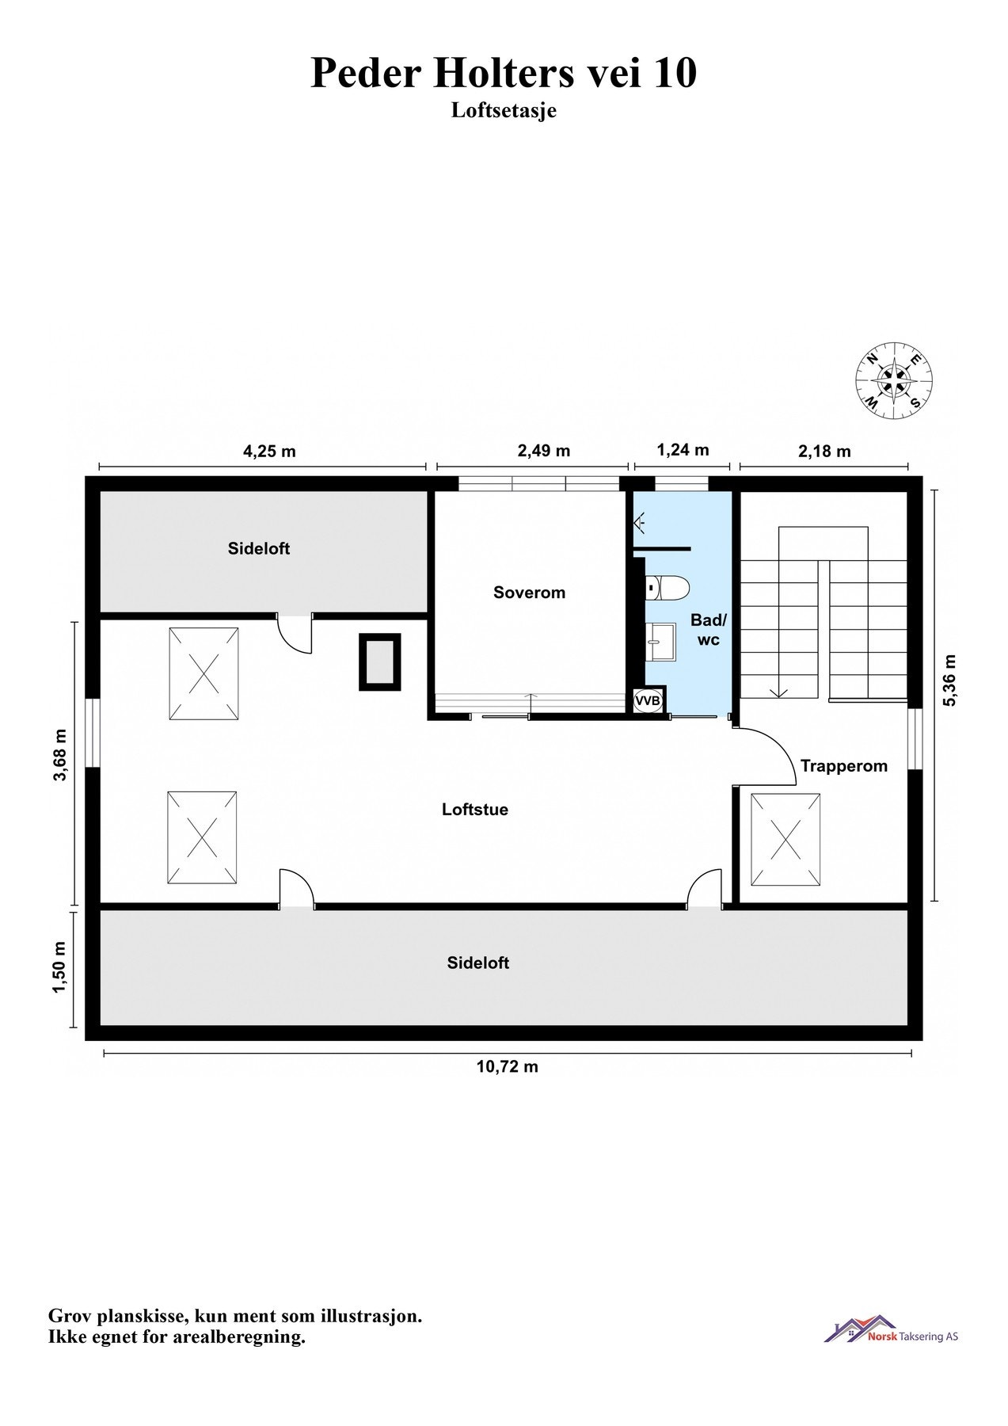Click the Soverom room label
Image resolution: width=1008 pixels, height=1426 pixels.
point(529,593)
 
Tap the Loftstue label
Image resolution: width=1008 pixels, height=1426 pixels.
point(475,810)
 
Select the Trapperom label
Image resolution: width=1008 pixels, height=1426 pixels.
point(843,766)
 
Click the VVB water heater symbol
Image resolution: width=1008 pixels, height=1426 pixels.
point(648,701)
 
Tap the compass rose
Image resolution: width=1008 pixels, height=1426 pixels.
point(893,380)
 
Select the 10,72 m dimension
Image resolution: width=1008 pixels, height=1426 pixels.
point(507,1066)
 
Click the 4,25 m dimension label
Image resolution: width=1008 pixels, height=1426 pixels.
point(269,452)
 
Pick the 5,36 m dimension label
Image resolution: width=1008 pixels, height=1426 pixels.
point(950,680)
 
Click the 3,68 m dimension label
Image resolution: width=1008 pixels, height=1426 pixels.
point(60,755)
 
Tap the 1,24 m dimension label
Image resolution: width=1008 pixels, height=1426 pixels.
point(683,450)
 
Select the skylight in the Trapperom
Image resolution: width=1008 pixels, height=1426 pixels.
point(785,840)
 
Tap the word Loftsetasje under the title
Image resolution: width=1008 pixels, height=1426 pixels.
point(504,110)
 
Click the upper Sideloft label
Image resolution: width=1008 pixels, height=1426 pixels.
point(259,548)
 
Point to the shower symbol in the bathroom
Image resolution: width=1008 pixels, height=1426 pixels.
point(641,522)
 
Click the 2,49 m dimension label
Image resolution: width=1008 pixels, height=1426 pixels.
point(543,452)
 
